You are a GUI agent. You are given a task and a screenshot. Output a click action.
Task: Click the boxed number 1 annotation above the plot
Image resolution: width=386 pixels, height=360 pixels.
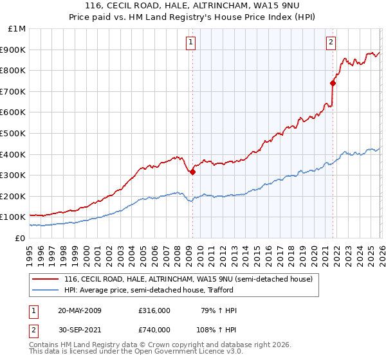point(192,43)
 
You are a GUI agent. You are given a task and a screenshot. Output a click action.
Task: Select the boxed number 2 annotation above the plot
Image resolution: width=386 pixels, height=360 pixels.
point(331,43)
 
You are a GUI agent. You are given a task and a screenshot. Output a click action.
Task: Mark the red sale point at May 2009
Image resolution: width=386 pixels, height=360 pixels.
point(192,172)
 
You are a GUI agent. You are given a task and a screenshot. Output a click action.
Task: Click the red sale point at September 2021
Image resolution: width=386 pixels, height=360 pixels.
point(333,83)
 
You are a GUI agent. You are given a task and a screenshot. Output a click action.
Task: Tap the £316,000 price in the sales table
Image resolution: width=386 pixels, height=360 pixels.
point(154,310)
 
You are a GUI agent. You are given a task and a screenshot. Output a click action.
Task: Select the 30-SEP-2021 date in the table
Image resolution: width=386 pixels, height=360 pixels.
point(80,330)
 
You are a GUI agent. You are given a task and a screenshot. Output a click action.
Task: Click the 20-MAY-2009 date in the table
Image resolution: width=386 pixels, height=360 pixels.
point(80,310)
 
